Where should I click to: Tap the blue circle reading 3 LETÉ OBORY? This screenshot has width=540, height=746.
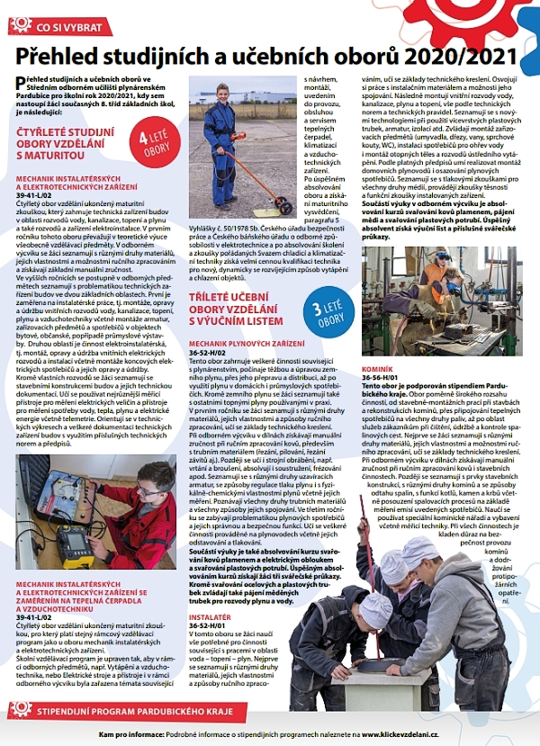point(329,310)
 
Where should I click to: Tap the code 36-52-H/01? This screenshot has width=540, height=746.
point(209,625)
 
